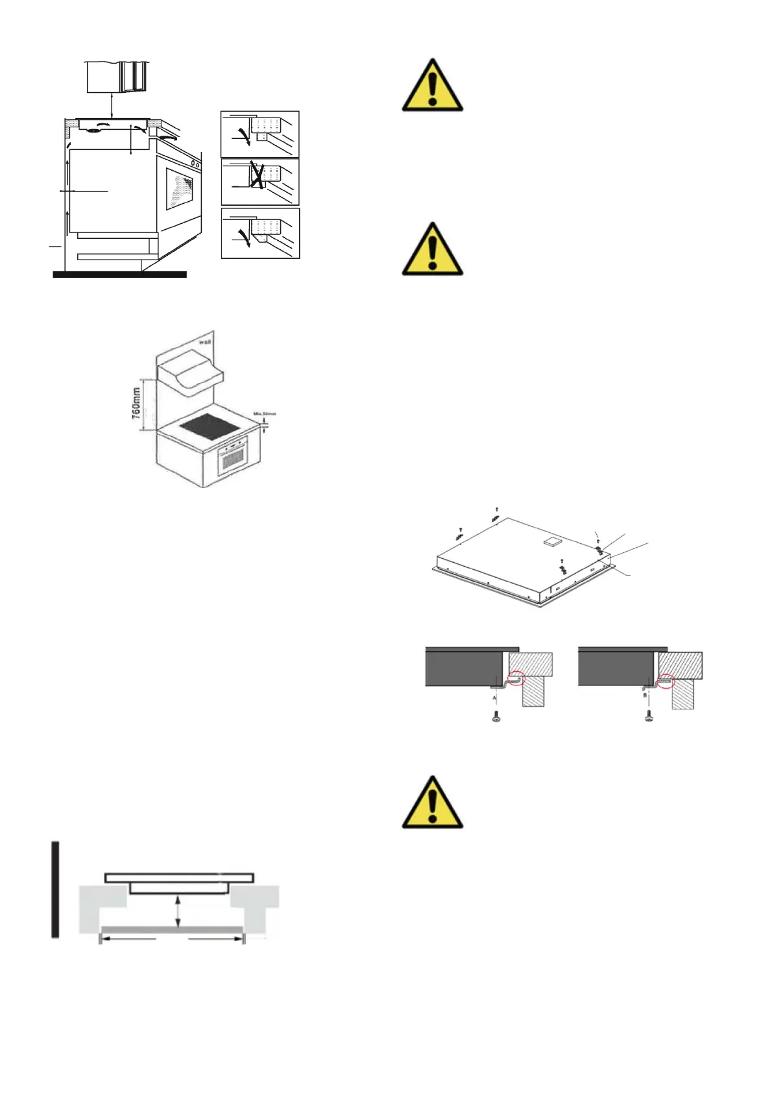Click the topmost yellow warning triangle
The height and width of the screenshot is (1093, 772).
pyautogui.click(x=432, y=87)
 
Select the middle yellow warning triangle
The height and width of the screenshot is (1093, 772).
pyautogui.click(x=432, y=251)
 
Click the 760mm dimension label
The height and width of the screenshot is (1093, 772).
pyautogui.click(x=136, y=404)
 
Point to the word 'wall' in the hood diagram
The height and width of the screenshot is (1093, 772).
pyautogui.click(x=204, y=340)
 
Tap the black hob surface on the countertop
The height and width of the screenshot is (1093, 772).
pyautogui.click(x=210, y=426)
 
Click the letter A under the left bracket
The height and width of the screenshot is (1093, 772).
pyautogui.click(x=494, y=698)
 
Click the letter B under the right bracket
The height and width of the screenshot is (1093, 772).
pyautogui.click(x=645, y=694)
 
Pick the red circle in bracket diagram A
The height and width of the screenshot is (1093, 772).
pyautogui.click(x=516, y=678)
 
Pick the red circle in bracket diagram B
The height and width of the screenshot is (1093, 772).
pyautogui.click(x=666, y=682)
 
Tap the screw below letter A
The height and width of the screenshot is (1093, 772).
pyautogui.click(x=496, y=717)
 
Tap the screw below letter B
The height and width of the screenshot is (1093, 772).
pyautogui.click(x=648, y=717)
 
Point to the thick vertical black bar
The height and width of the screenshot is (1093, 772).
pyautogui.click(x=56, y=889)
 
